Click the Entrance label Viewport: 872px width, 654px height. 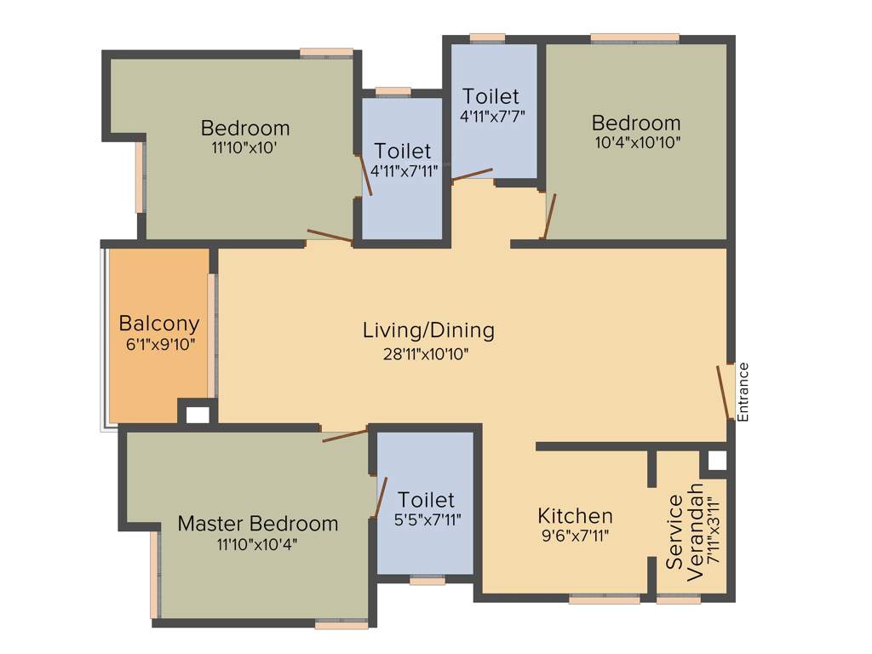[x=743, y=392]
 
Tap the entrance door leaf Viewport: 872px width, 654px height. [x=724, y=392]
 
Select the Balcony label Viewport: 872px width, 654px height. [x=159, y=323]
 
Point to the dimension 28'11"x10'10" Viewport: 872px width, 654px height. [x=426, y=353]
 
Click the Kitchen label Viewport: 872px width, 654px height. [x=575, y=515]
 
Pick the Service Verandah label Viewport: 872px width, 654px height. [x=685, y=532]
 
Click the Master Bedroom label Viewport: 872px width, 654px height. [x=258, y=524]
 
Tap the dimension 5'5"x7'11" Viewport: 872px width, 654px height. [x=427, y=520]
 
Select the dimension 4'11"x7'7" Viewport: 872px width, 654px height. [x=493, y=116]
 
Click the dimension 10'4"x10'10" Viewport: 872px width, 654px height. [x=637, y=142]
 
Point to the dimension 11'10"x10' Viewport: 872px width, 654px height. [x=244, y=148]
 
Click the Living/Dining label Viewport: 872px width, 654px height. [x=428, y=330]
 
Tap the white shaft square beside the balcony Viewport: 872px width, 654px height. [x=198, y=415]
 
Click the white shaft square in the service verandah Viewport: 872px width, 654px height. [x=717, y=460]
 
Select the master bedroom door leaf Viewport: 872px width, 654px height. [x=346, y=435]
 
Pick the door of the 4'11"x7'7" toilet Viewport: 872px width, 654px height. [x=472, y=174]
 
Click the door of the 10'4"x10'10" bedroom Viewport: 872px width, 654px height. [x=549, y=216]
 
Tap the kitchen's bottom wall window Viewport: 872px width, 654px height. [x=605, y=599]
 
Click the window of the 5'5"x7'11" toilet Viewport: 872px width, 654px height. [x=427, y=581]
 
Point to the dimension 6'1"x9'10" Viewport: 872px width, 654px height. [x=160, y=345]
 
